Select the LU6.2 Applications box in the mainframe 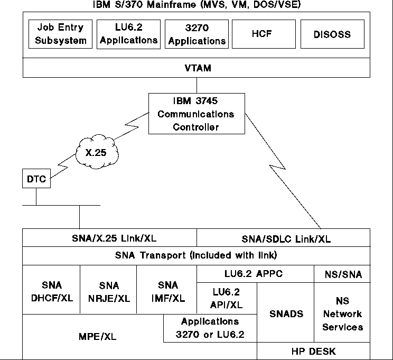128,34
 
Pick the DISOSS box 332,34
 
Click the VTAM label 196,68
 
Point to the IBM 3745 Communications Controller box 197,113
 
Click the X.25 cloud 99,152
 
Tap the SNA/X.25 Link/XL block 109,238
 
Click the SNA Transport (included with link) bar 196,256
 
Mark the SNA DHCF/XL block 51,291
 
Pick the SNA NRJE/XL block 108,291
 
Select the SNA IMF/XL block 166,291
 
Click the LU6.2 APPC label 255,274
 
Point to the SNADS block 286,313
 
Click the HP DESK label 314,351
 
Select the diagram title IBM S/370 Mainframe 196,6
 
